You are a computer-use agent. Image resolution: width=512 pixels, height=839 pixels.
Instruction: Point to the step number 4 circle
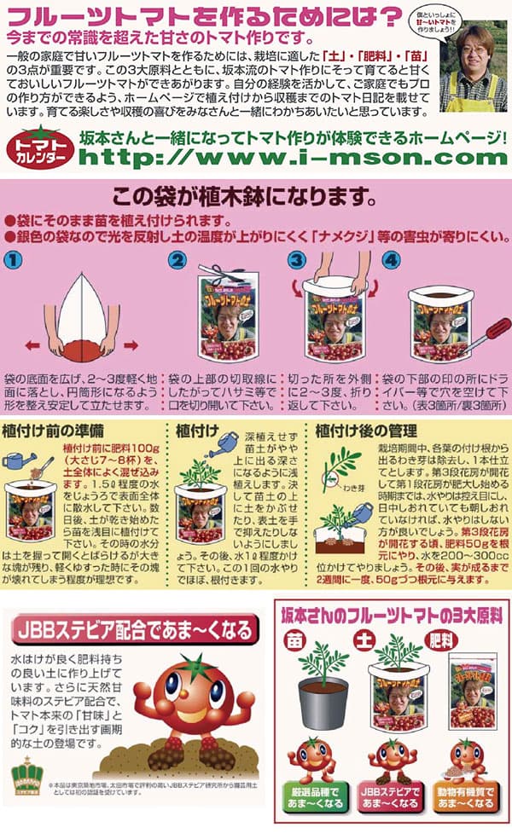pos(391,259)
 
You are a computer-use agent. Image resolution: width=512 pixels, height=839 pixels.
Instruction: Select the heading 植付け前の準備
pos(54,431)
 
